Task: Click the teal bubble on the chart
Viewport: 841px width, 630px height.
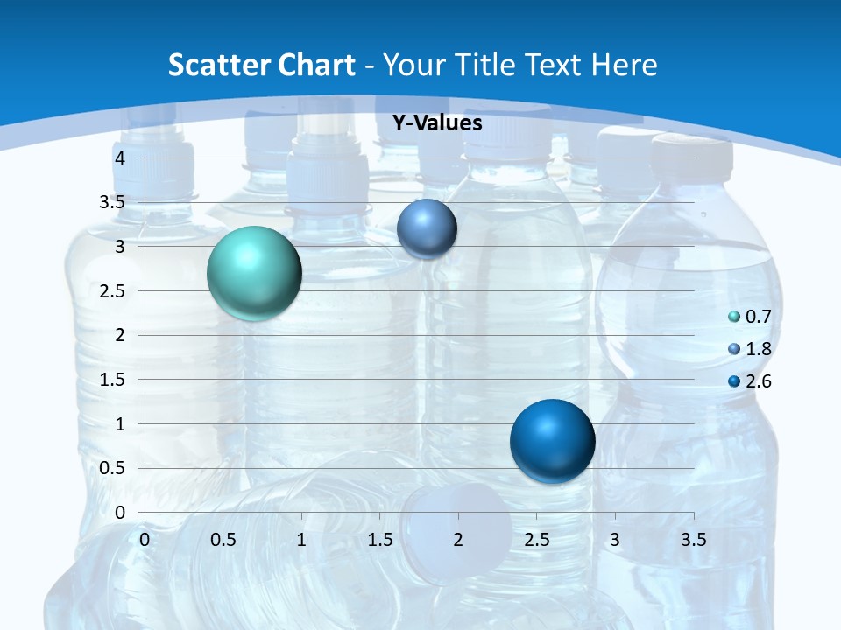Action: (x=255, y=273)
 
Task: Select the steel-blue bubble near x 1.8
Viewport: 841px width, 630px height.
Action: (x=427, y=228)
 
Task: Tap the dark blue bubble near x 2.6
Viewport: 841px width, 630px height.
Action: (x=552, y=441)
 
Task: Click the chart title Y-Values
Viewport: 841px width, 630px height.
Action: (x=437, y=123)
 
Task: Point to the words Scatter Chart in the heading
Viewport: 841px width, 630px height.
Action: (x=262, y=65)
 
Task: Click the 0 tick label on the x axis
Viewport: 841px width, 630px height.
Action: (x=145, y=540)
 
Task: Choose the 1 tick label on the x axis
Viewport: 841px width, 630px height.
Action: (x=301, y=540)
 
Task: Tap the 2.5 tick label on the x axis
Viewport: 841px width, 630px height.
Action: (x=537, y=540)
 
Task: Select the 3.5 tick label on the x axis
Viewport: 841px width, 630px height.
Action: (x=694, y=540)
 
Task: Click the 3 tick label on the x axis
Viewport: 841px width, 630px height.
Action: (x=615, y=540)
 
